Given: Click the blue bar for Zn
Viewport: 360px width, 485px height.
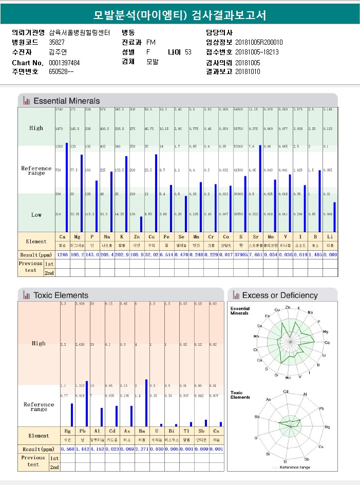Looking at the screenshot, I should click(x=141, y=224).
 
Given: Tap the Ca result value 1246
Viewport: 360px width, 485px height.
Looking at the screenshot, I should click(x=62, y=254).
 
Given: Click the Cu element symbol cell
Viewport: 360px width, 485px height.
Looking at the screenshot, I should click(x=151, y=237).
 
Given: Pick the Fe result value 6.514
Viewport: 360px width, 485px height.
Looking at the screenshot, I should click(x=166, y=254).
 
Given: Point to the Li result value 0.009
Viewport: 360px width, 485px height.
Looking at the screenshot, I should click(x=330, y=254).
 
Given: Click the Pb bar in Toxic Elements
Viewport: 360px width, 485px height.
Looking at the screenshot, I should click(x=87, y=404).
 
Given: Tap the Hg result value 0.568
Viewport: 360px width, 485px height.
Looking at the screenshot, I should click(x=68, y=449).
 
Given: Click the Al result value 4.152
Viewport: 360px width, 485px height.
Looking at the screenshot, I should click(x=97, y=449).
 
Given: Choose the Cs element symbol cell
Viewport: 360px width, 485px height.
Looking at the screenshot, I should click(x=216, y=432).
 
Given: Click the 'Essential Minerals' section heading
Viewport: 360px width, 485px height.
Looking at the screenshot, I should click(x=67, y=101).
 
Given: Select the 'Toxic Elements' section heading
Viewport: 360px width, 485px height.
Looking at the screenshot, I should click(x=61, y=295).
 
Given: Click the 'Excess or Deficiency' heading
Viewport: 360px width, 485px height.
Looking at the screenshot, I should click(x=280, y=295).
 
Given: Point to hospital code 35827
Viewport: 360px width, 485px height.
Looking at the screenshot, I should click(x=56, y=42).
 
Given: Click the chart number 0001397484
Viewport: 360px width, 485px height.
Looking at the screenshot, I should click(x=64, y=62).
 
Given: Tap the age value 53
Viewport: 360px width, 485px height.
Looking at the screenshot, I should click(x=188, y=52).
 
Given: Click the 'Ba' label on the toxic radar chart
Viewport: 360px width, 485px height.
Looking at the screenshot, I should click(x=258, y=417).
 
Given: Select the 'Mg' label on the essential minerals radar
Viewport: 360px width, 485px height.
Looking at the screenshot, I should click(x=325, y=332).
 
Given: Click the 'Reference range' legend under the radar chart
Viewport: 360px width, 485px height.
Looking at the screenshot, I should click(x=293, y=467).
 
